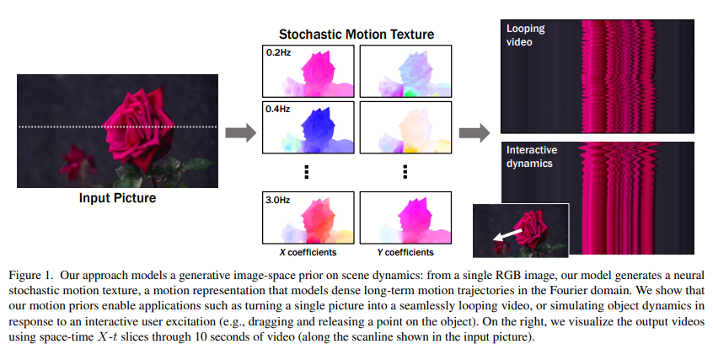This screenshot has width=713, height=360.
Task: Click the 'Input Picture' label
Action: tap(117, 199)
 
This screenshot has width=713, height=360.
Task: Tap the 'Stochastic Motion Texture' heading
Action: tap(356, 35)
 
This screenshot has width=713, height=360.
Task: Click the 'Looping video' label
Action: tap(526, 35)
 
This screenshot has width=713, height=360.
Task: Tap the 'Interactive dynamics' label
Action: tap(530, 157)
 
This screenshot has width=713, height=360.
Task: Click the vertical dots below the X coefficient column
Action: tap(308, 172)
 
